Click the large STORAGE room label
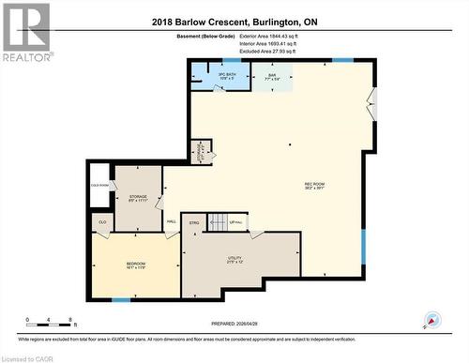138,198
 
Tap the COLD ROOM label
99,186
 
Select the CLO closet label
102,222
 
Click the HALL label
172,222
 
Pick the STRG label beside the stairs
194,222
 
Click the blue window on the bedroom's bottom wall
121,299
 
